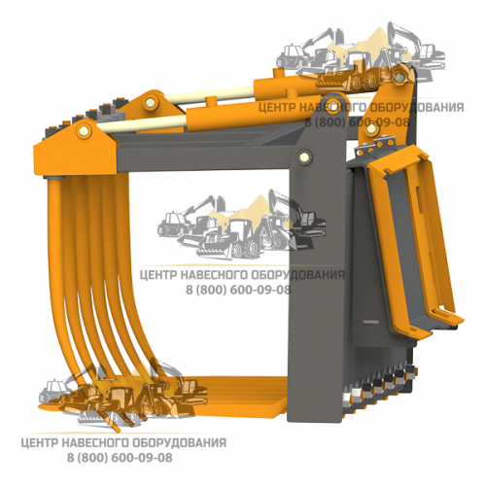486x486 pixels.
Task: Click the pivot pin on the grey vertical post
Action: tap(304, 156)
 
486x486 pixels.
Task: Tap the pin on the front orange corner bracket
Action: tap(84, 131)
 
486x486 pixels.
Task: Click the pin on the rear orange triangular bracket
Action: tap(150, 103)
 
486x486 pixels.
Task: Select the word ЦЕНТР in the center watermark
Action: tap(157, 275)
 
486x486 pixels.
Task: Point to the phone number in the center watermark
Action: tap(238, 290)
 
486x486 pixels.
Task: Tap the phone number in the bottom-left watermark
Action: tap(120, 458)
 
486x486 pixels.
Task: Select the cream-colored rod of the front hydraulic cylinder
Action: tap(143, 122)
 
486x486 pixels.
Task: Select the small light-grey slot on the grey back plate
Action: tap(371, 322)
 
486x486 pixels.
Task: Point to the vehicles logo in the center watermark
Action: tap(241, 226)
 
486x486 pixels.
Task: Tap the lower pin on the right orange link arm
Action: tap(371, 129)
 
